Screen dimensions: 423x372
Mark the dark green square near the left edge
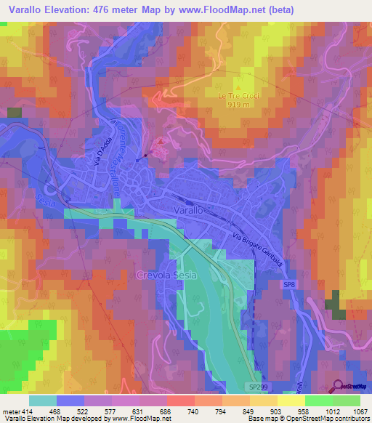pos(15,113)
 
